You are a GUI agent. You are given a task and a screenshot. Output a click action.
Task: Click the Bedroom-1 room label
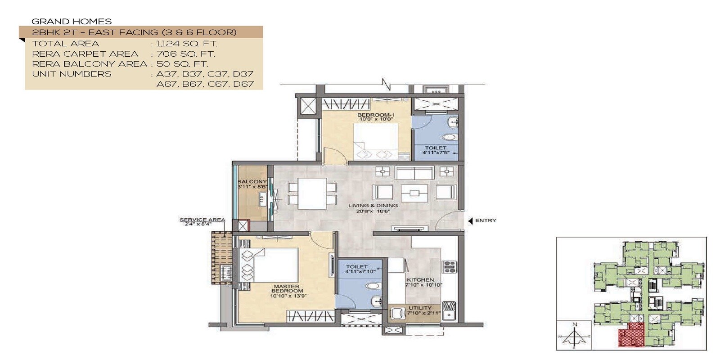pos(376,115)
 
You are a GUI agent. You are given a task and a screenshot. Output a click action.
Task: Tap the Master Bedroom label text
pos(287,289)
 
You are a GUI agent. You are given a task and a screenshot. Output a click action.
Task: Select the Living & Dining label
pos(373,206)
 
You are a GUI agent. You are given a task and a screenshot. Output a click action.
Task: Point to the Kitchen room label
pos(420,280)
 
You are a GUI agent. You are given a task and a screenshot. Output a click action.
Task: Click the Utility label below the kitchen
pos(420,308)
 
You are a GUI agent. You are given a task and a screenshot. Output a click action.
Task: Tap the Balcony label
pos(252,182)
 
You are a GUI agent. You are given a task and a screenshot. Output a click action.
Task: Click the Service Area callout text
pos(202,220)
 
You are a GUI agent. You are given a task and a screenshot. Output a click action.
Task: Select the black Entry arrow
pos(470,220)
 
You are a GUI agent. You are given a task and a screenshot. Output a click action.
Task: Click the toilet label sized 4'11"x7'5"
pos(436,148)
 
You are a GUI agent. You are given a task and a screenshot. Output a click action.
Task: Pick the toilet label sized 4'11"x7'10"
pos(357,267)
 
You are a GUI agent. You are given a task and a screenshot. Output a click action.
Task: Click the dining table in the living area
pos(312,193)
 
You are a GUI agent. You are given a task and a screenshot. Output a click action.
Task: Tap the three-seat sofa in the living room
pos(414,172)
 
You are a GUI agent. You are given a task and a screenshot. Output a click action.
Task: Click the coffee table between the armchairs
pos(414,193)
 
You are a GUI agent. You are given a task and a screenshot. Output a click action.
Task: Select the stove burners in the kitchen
pos(450,267)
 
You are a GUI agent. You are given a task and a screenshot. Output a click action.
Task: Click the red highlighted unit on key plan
pos(631,335)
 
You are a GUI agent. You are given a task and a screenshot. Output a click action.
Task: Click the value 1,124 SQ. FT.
pos(186,44)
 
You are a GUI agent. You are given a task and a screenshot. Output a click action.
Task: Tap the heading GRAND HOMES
pos(72,21)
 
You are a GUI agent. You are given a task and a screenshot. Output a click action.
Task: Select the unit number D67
pos(243,84)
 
